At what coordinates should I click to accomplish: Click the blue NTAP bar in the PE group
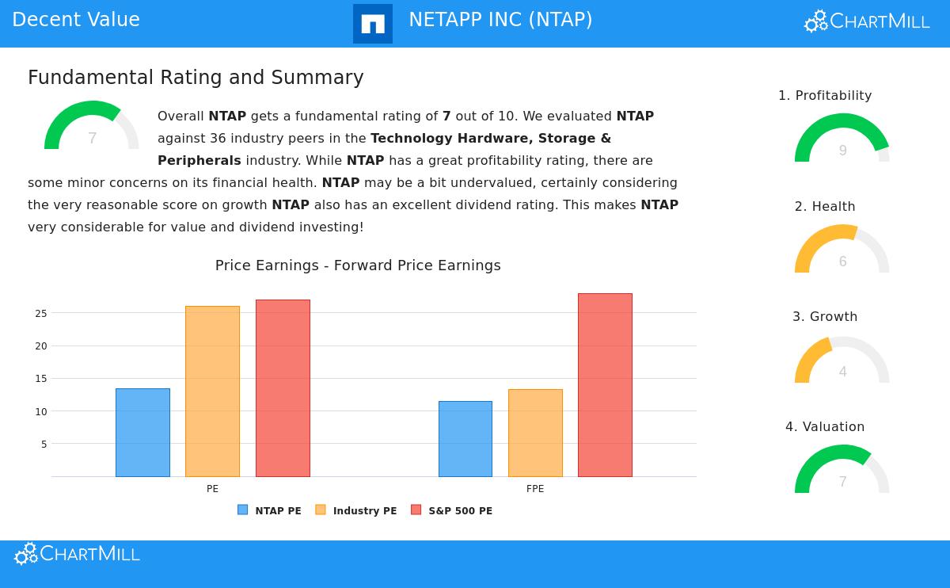142,433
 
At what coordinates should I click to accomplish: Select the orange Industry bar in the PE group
212,391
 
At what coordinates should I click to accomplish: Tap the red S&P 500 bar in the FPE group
605,385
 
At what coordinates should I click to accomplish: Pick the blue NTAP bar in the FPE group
465,439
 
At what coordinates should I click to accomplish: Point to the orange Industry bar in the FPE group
535,433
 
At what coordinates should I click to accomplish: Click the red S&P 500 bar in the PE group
283,388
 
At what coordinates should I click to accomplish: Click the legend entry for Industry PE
356,511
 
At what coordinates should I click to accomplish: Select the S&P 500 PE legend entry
452,511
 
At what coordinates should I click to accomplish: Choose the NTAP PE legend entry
270,511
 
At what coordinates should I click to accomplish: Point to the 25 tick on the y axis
40,314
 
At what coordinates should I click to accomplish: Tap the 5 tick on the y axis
44,445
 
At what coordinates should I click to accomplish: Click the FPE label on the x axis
535,489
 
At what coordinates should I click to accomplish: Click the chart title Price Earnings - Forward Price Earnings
358,265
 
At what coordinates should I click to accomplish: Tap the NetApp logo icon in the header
373,24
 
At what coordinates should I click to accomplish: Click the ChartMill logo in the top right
867,21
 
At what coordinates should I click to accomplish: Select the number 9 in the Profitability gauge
842,151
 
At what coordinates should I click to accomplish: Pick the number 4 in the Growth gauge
842,372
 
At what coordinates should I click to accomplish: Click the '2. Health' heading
825,207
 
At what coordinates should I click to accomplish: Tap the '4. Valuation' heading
825,427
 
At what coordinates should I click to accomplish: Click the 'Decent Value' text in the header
76,20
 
